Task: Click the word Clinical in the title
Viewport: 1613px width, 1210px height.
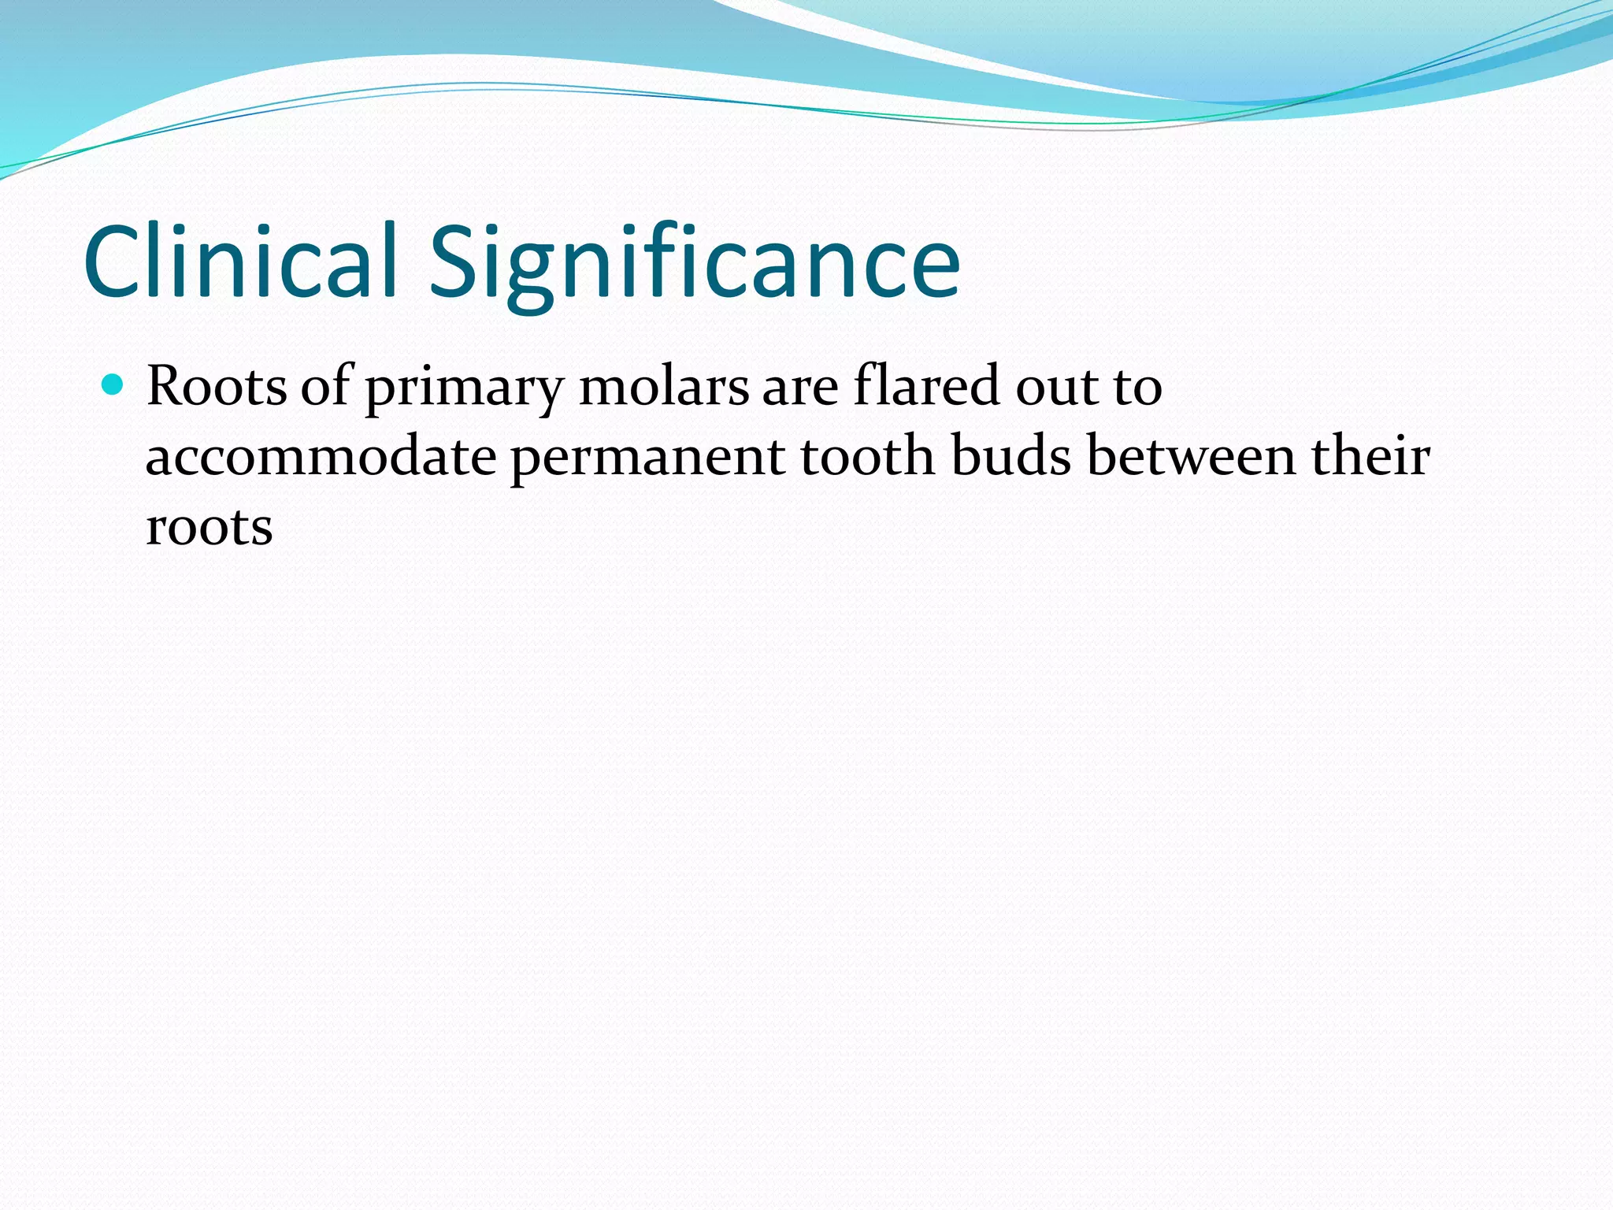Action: [x=239, y=262]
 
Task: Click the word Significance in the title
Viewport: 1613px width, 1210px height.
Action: [x=693, y=264]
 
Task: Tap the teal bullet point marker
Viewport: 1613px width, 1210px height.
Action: [x=113, y=385]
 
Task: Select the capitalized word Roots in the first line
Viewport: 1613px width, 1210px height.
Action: [x=217, y=386]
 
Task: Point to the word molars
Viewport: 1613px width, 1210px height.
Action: [x=664, y=387]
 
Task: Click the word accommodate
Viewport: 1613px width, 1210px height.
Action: [x=321, y=458]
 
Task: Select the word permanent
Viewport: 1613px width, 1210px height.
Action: [x=647, y=459]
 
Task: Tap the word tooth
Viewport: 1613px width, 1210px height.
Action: [x=867, y=456]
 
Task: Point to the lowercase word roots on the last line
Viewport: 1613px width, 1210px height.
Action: [x=210, y=527]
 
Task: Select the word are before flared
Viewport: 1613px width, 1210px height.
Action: [x=800, y=388]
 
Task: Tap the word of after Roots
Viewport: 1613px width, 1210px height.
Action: [x=324, y=385]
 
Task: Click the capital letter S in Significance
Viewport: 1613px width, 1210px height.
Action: [x=456, y=263]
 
